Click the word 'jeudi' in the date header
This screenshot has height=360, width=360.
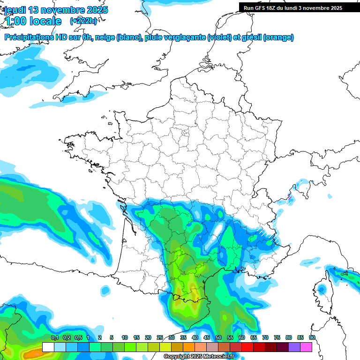tap(15, 10)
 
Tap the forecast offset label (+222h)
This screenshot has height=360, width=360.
tap(83, 21)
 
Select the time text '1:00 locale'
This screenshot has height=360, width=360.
tap(33, 21)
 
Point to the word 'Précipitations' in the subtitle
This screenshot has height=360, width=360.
tap(29, 37)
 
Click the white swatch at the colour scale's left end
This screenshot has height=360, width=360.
tap(48, 347)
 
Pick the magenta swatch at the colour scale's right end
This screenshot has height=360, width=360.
tap(306, 347)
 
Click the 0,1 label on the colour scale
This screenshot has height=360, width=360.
tap(55, 338)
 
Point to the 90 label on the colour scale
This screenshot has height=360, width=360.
tap(312, 338)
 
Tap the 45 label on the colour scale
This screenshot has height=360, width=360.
tap(207, 338)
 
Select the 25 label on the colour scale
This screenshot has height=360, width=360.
tap(160, 338)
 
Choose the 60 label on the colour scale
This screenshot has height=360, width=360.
tap(242, 338)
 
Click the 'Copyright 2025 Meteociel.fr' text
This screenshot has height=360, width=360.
tap(199, 356)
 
